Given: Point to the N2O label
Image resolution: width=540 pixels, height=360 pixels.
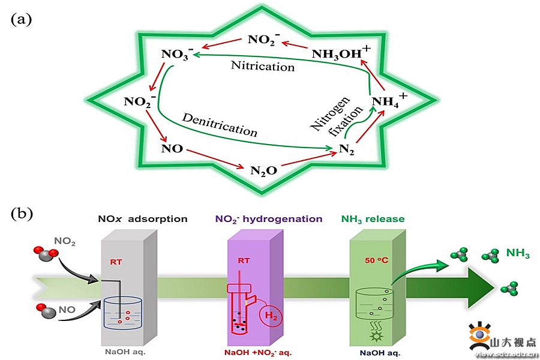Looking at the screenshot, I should (263, 170).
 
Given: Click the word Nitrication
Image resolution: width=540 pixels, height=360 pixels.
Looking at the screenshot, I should (263, 65).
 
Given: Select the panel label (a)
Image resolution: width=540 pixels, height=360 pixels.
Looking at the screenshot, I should (21, 19).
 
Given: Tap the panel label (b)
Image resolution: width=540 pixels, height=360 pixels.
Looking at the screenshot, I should (21, 212).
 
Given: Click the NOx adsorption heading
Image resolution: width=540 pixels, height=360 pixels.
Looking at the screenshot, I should (142, 219).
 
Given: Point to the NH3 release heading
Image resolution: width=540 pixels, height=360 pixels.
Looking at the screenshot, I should (373, 219).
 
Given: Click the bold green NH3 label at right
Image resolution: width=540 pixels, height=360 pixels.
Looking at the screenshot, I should (518, 255).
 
